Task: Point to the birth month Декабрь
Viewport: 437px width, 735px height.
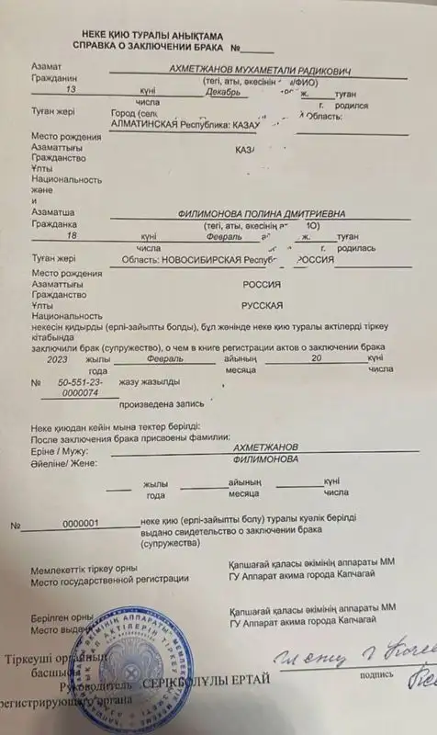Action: pyautogui.click(x=222, y=92)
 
